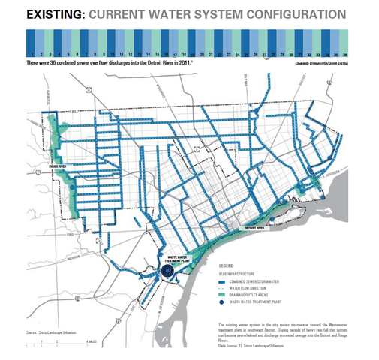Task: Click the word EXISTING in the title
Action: tap(52, 13)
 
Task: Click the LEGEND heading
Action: tap(229, 265)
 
